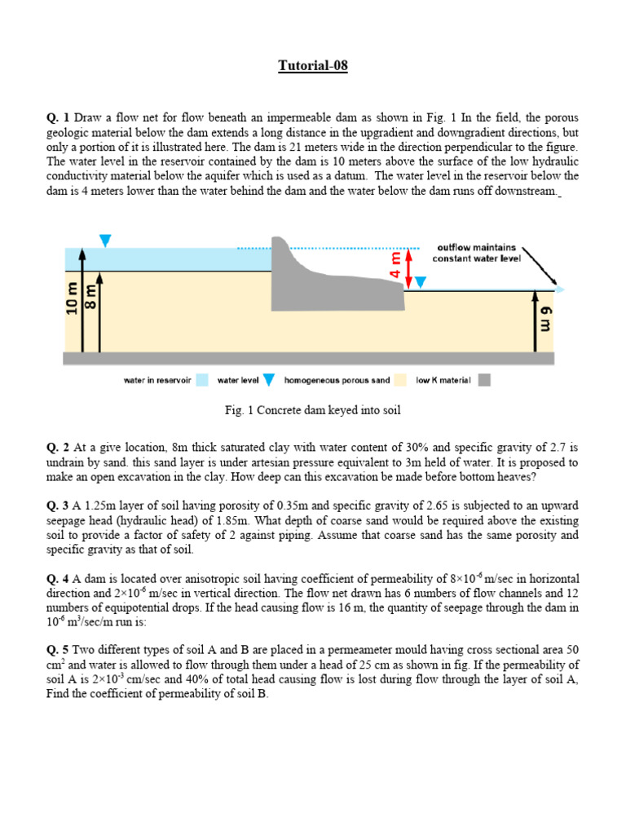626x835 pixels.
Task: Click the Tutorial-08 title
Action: click(313, 66)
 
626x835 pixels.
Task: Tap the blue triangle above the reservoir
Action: click(104, 240)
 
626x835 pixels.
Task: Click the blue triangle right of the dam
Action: click(420, 282)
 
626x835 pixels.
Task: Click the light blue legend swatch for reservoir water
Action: click(202, 380)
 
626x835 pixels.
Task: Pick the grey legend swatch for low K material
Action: click(484, 380)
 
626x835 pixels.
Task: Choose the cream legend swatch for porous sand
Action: click(400, 380)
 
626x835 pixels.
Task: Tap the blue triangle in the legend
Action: click(268, 380)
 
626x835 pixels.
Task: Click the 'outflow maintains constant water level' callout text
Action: click(476, 253)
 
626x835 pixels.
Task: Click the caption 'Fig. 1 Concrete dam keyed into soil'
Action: click(313, 410)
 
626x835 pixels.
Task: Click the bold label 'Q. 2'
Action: click(59, 448)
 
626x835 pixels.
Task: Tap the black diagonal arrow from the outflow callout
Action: click(539, 264)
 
